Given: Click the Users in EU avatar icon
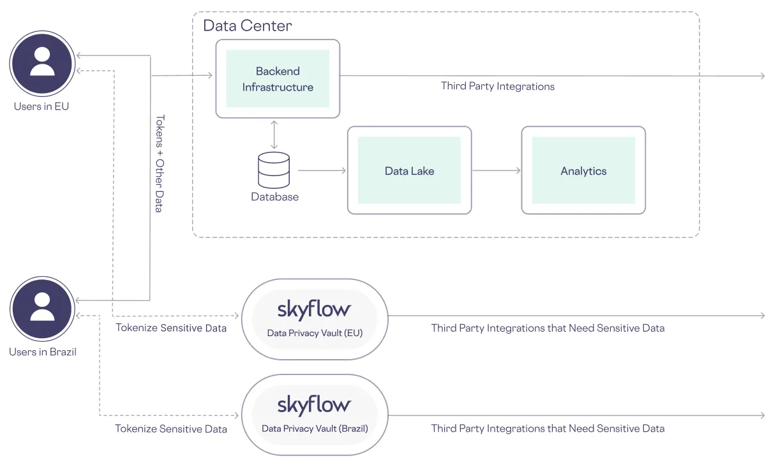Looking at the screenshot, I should [x=42, y=63].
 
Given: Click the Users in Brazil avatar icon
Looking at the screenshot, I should [x=42, y=309].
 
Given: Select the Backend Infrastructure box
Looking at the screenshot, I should [x=278, y=79].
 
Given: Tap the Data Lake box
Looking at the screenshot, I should [x=409, y=170].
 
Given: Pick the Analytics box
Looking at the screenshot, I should [x=583, y=170].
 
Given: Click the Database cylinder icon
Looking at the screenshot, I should [x=274, y=170].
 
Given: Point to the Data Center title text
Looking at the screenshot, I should [x=248, y=26].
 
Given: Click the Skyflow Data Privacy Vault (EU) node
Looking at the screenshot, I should [x=314, y=319].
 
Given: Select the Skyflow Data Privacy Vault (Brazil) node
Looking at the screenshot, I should [x=314, y=415].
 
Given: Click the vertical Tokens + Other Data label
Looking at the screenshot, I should [x=160, y=163].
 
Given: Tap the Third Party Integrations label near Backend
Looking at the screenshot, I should [x=498, y=86].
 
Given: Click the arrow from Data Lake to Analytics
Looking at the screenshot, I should [x=496, y=170].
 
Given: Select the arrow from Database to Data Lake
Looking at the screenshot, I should [x=322, y=170].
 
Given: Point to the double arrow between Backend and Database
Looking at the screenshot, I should [x=274, y=135].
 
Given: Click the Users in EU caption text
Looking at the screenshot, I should [x=41, y=107].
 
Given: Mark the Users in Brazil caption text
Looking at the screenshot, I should [x=42, y=351].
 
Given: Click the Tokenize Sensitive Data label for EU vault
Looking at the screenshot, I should [x=171, y=328].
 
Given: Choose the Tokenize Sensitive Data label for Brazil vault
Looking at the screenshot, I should [x=171, y=429].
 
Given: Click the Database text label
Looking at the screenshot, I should [x=274, y=197].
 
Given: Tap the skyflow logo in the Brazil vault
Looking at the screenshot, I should [x=314, y=405].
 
